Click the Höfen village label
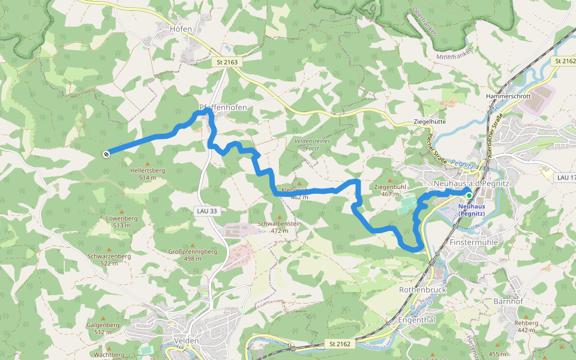181,29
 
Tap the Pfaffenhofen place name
223,107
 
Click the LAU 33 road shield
206,211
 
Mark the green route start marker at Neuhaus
469,194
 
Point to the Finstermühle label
474,242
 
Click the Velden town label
181,341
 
